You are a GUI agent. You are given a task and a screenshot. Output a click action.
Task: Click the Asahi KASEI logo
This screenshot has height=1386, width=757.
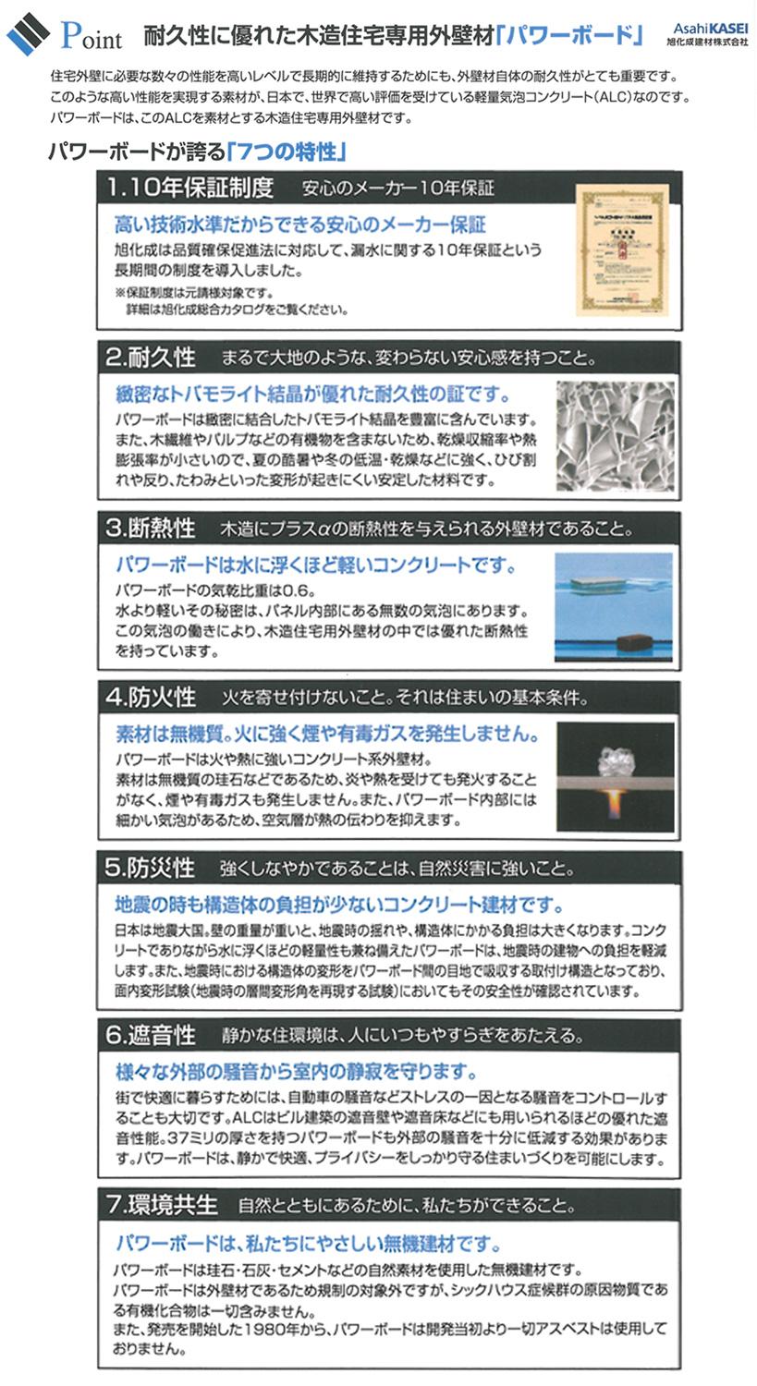[707, 35]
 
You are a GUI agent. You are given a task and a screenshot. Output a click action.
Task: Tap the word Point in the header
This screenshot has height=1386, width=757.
[92, 37]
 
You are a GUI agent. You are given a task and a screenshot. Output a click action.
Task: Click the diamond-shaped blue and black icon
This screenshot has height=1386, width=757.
[29, 34]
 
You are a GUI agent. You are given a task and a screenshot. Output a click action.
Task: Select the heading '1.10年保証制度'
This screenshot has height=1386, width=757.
[189, 188]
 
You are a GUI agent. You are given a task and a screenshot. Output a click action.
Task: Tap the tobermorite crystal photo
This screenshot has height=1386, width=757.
[615, 436]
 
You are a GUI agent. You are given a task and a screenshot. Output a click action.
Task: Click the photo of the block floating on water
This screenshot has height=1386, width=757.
[614, 606]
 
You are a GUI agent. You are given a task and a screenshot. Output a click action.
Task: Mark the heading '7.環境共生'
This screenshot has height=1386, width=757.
[162, 1205]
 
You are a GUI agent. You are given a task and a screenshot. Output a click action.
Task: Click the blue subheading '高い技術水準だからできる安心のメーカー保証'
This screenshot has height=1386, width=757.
[299, 225]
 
